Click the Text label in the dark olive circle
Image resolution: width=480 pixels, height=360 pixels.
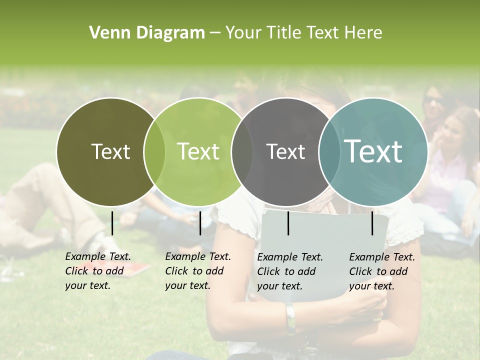point(110,151)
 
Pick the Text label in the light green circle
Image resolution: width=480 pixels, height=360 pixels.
point(198,151)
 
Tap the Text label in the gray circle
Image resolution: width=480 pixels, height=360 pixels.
point(285,152)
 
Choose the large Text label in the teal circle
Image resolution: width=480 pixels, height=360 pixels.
point(373,151)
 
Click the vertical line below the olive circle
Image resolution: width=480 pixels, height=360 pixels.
point(112,223)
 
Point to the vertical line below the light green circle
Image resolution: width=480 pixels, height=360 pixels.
point(200,223)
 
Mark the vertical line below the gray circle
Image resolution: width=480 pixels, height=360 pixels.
point(288,223)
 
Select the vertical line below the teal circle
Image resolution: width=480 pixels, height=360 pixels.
point(372,223)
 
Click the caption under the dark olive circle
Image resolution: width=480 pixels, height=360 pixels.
point(98,271)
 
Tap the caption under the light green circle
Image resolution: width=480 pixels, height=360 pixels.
point(198,271)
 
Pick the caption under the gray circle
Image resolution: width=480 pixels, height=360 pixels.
point(290,271)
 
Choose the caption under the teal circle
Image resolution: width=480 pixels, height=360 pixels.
point(382,271)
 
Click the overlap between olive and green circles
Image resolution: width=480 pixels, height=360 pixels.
point(154,151)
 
